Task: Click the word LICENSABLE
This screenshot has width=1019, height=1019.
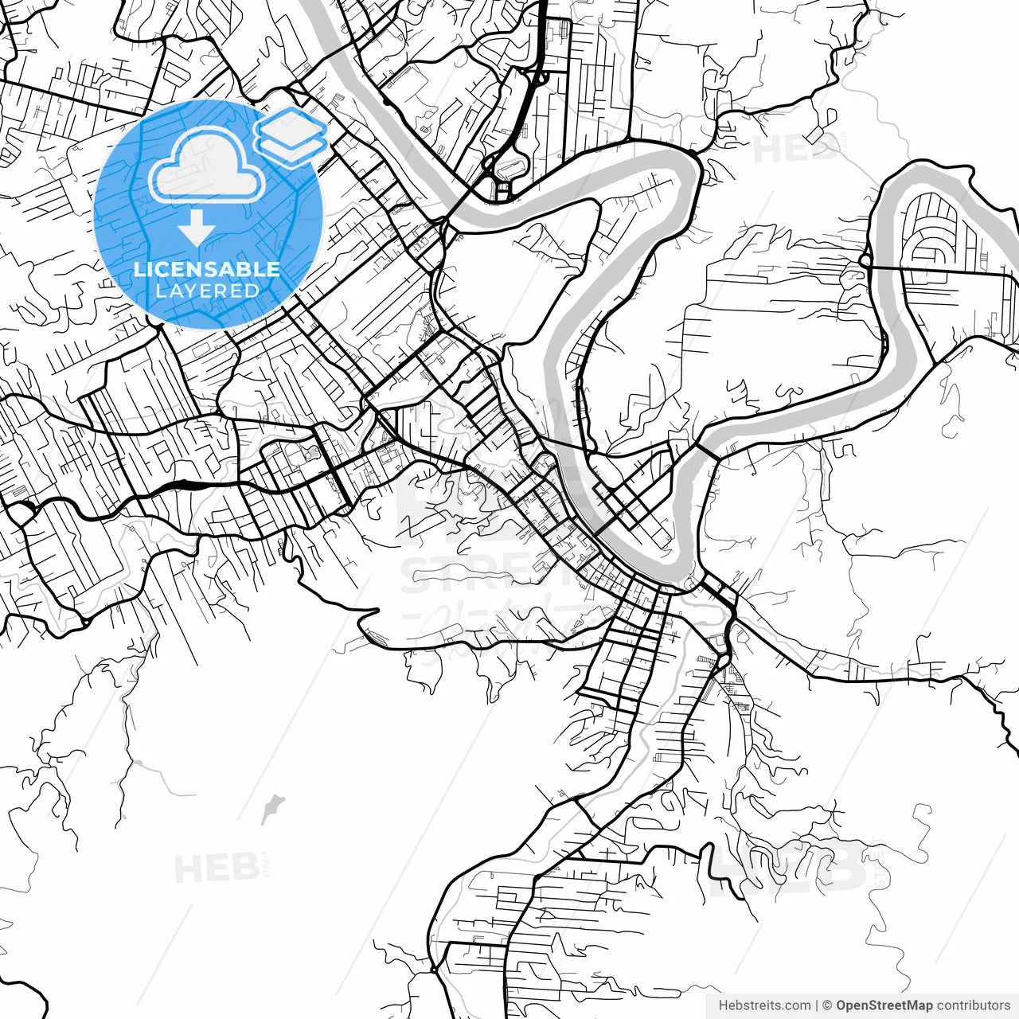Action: click(207, 269)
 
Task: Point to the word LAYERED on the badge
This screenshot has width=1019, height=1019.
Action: click(207, 291)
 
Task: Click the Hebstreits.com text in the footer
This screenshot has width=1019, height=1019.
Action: click(765, 1005)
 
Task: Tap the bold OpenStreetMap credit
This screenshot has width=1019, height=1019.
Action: click(884, 1005)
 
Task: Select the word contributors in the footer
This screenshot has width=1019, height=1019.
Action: click(973, 1005)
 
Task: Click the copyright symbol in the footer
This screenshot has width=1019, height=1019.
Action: click(827, 1005)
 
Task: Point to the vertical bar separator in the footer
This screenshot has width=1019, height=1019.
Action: click(818, 1005)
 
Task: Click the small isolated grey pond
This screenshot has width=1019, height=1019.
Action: click(272, 807)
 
